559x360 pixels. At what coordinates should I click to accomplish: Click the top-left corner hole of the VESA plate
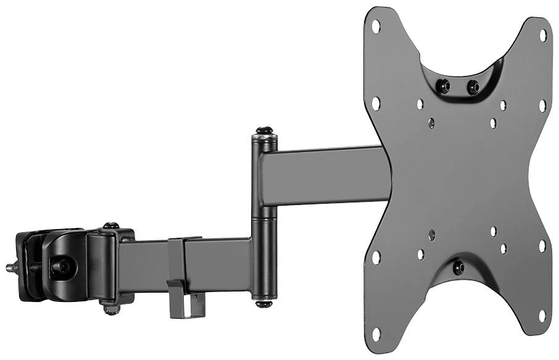(376, 25)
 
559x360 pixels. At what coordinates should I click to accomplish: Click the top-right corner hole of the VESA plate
(543, 35)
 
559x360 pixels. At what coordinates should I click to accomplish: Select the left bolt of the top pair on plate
(442, 86)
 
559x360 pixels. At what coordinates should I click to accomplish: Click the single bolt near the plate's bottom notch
(458, 267)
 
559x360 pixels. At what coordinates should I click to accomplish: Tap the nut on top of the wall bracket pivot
(111, 226)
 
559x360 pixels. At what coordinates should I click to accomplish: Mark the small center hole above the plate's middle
(431, 123)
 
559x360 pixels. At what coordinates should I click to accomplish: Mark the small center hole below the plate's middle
(431, 234)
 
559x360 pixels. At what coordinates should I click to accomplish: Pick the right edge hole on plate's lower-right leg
(542, 246)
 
